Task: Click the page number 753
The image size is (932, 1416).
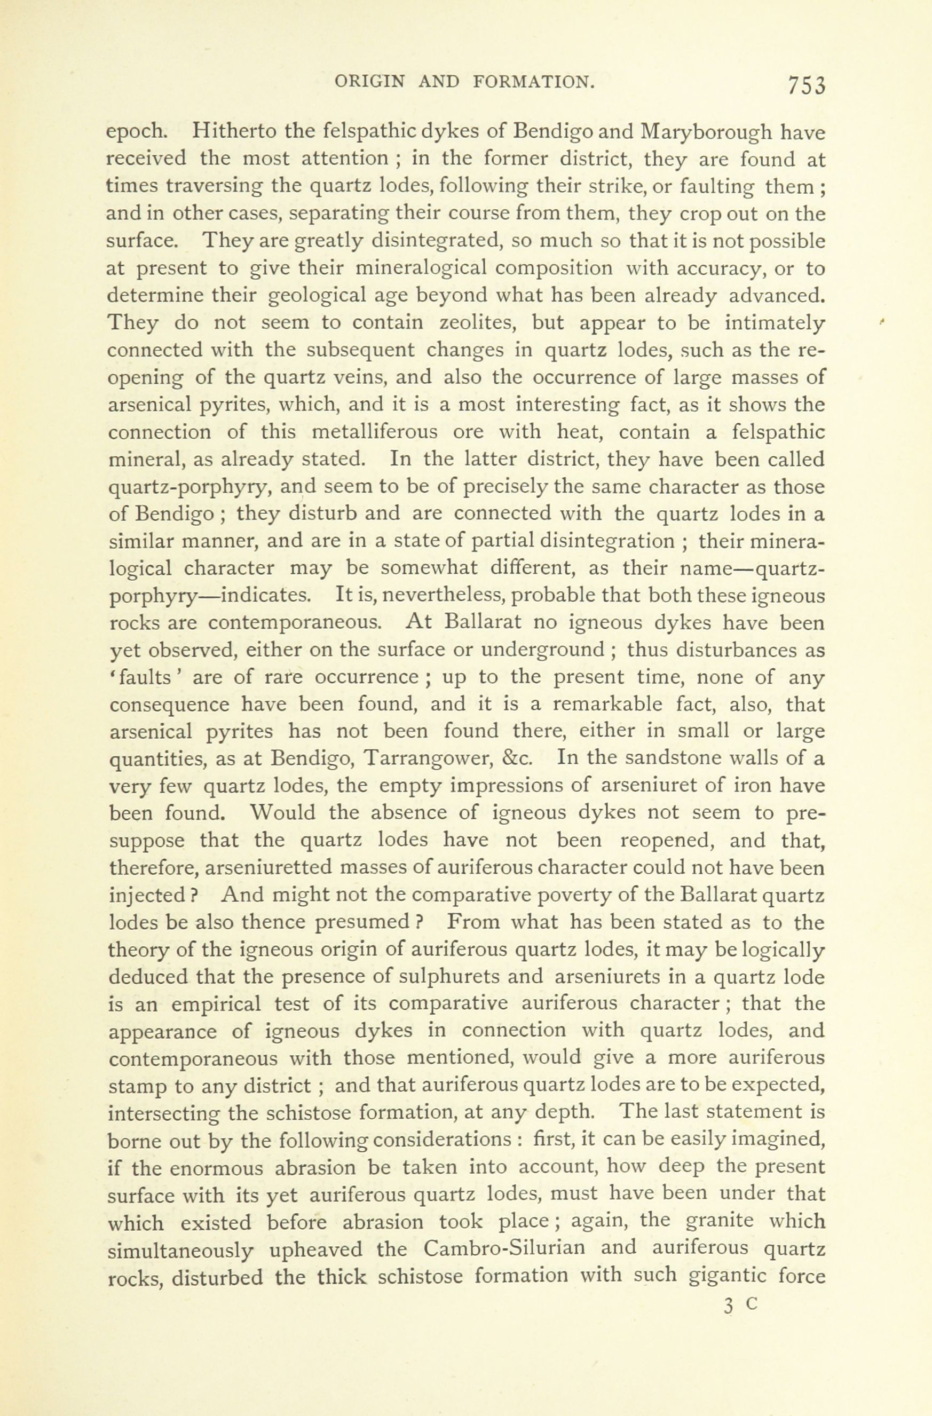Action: coord(807,84)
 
